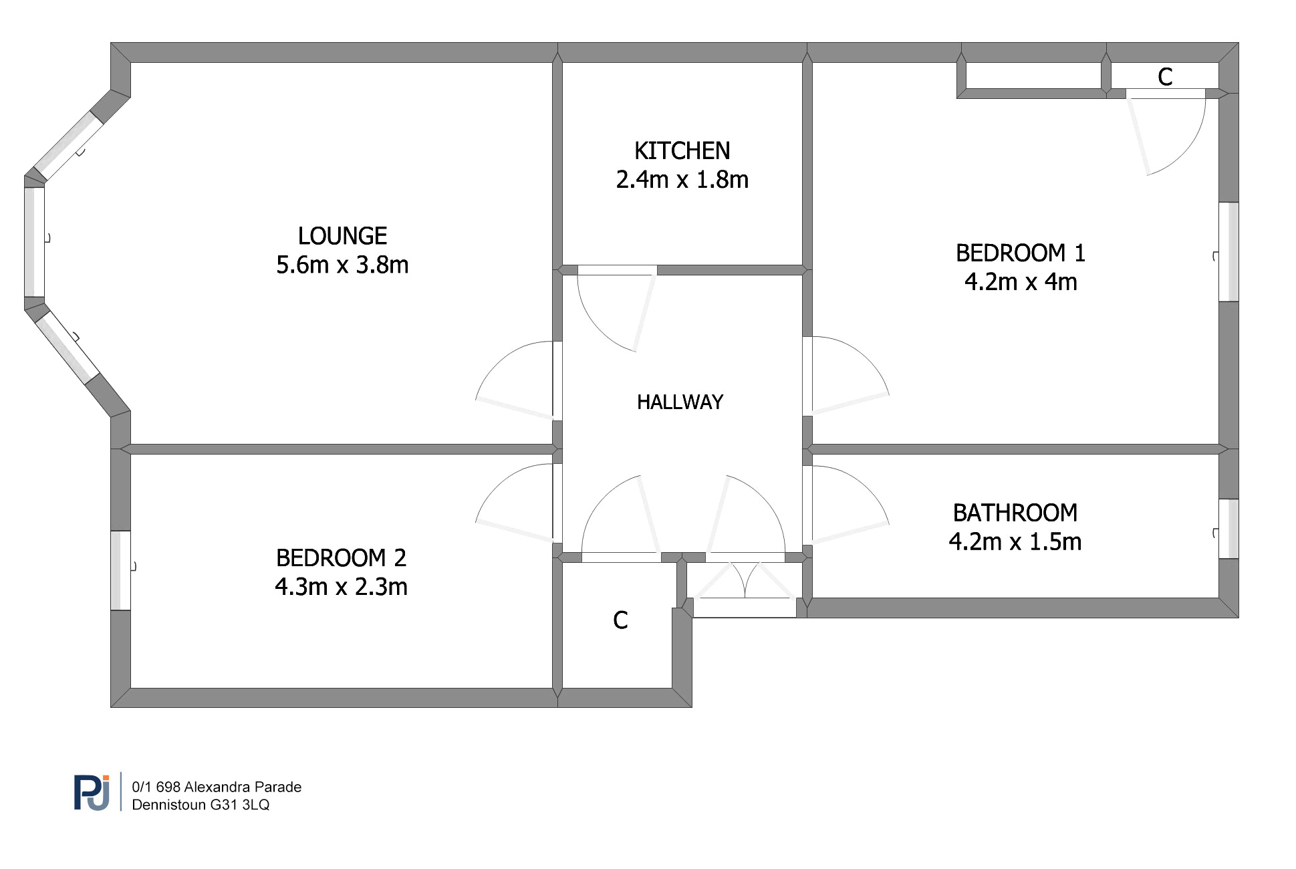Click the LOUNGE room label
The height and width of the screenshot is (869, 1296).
tap(342, 236)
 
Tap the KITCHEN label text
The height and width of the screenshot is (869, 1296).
tap(682, 151)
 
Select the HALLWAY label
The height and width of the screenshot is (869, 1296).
tap(680, 402)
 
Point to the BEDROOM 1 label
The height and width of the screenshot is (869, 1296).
tap(1020, 253)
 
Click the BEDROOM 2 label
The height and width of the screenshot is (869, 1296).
tap(341, 557)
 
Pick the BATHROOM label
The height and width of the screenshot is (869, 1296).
tap(1015, 513)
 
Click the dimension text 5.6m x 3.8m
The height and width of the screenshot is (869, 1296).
tap(342, 265)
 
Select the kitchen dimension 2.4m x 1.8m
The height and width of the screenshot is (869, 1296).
tap(682, 180)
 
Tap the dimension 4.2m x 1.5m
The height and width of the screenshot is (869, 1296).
tap(1015, 541)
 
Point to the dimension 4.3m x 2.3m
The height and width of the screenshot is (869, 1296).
tap(341, 587)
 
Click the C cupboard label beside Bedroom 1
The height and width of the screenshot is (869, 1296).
tap(1165, 78)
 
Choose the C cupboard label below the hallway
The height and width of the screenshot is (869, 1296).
tap(620, 620)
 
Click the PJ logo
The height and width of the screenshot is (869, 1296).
tap(92, 793)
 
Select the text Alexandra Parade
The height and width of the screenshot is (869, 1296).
tap(243, 787)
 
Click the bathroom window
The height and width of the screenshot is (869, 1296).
tap(1228, 529)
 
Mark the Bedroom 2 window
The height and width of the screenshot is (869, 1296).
tap(120, 570)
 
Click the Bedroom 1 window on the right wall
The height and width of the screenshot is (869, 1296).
tap(1228, 252)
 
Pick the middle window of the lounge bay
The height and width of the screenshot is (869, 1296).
tap(35, 242)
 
